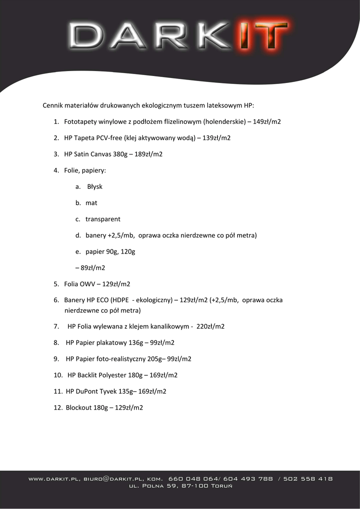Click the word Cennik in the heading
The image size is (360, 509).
pyautogui.click(x=52, y=105)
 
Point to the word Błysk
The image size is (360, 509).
pyautogui.click(x=94, y=187)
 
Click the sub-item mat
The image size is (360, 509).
pyautogui.click(x=91, y=203)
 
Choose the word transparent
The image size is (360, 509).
pyautogui.click(x=103, y=219)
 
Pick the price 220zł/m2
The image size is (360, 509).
pyautogui.click(x=211, y=327)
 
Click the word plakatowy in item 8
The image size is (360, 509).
pyautogui.click(x=113, y=343)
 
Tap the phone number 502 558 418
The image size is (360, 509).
pyautogui.click(x=312, y=479)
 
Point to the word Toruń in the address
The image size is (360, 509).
pyautogui.click(x=221, y=486)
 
